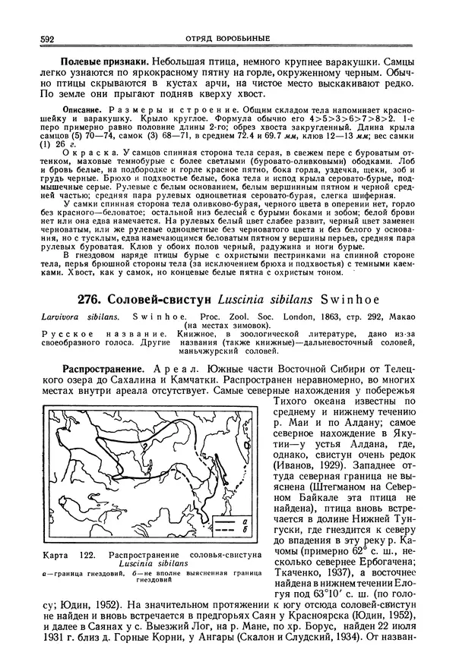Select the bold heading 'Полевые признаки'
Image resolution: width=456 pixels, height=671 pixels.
click(106, 59)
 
